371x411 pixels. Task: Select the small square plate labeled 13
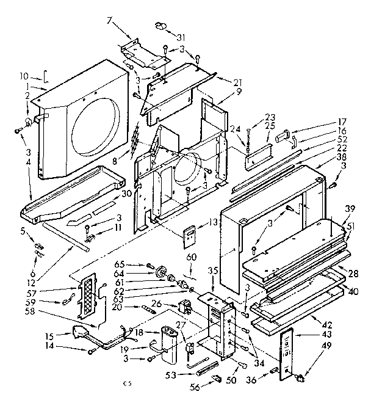point(190,235)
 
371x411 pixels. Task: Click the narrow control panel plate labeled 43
point(286,354)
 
